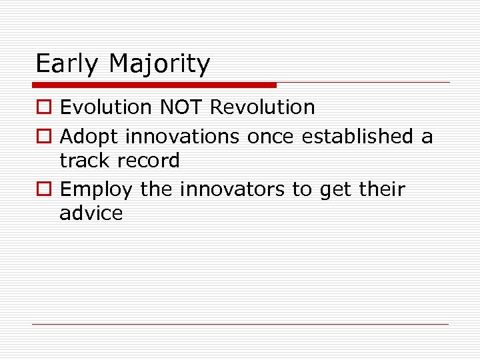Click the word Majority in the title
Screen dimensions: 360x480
[159, 65]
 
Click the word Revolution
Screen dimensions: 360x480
[263, 107]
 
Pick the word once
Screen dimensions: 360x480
[271, 137]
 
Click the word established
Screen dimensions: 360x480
[357, 137]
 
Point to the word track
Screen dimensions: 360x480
[83, 161]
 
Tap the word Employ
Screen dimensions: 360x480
[97, 190]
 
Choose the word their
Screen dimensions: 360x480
[381, 189]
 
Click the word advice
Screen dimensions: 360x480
[91, 213]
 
